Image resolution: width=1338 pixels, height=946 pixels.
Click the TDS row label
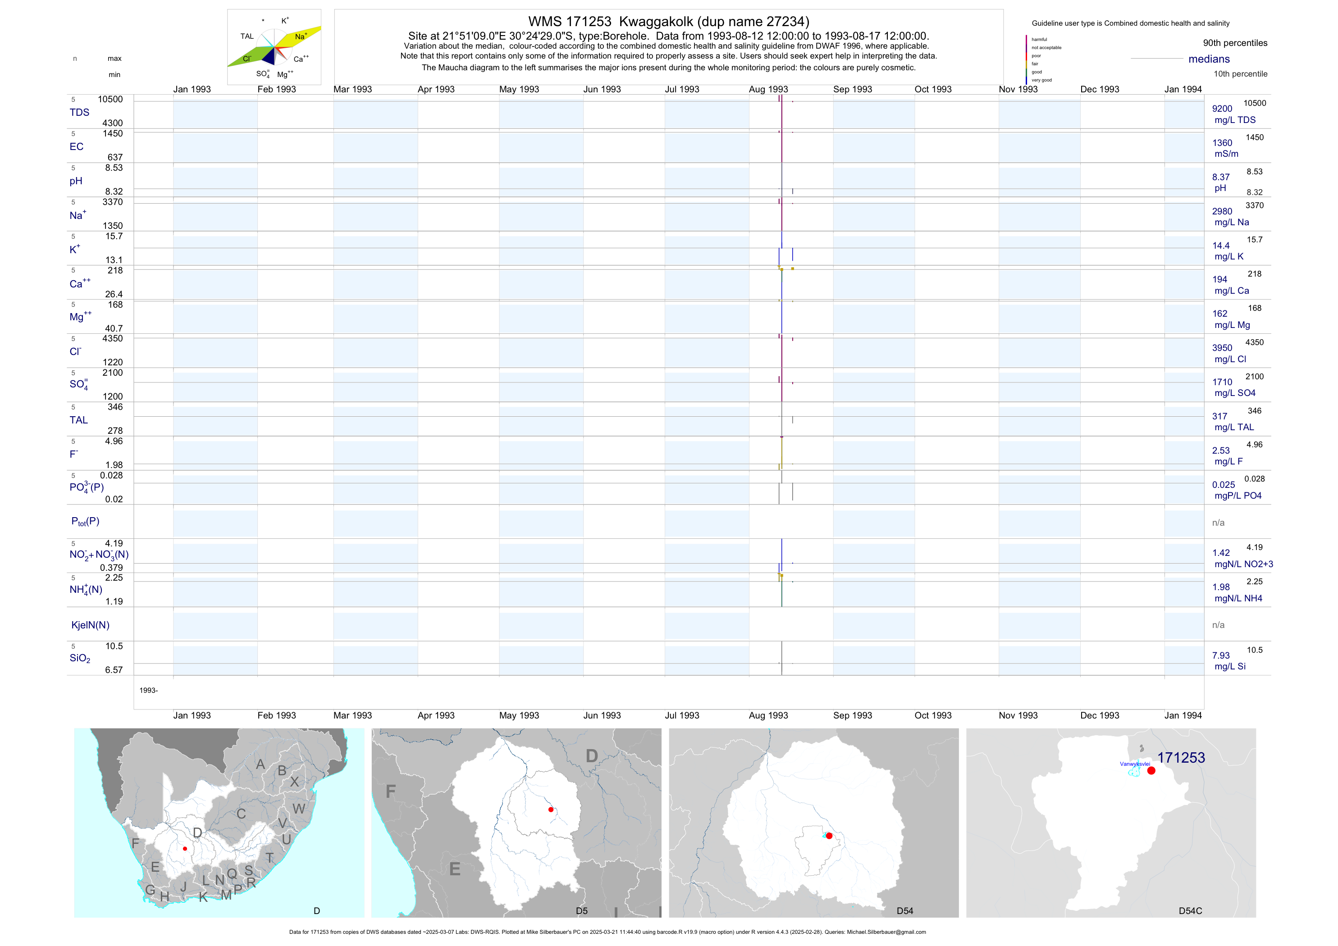(79, 113)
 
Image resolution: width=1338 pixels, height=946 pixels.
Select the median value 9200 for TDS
(1222, 109)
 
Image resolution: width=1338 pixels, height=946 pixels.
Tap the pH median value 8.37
(1221, 177)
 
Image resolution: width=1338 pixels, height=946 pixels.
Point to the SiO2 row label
(80, 658)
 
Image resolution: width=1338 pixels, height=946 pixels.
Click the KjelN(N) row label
(90, 625)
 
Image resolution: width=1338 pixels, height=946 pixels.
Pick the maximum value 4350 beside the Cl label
(113, 338)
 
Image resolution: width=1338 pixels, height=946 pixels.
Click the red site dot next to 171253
(1151, 771)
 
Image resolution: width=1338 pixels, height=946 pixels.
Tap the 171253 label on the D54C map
(1181, 758)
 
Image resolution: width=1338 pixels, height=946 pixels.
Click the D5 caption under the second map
(582, 911)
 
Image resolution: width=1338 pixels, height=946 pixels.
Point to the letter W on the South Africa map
(299, 809)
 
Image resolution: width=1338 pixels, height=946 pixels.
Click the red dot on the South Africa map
(185, 849)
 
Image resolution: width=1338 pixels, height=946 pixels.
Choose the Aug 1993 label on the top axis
(768, 89)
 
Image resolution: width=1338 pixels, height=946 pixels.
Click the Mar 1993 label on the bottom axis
(352, 715)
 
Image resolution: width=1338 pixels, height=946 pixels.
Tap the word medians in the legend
(1209, 59)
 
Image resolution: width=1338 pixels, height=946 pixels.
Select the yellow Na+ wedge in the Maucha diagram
(301, 36)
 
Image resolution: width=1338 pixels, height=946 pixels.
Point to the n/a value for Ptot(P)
(1218, 523)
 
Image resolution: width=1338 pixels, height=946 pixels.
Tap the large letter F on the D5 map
(390, 791)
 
